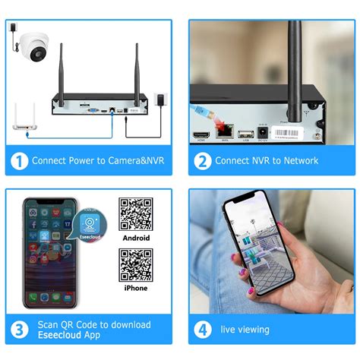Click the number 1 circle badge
pyautogui.click(x=20, y=160)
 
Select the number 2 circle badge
pyautogui.click(x=202, y=160)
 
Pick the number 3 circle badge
pyautogui.click(x=20, y=329)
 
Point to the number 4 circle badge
pyautogui.click(x=203, y=329)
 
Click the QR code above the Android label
pyautogui.click(x=136, y=214)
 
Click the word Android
pyautogui.click(x=136, y=238)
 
